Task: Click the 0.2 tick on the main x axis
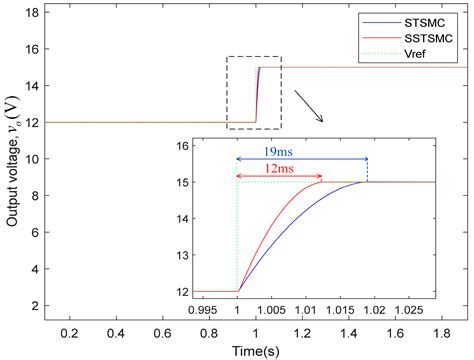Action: point(69,331)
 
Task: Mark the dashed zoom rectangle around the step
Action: point(254,93)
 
